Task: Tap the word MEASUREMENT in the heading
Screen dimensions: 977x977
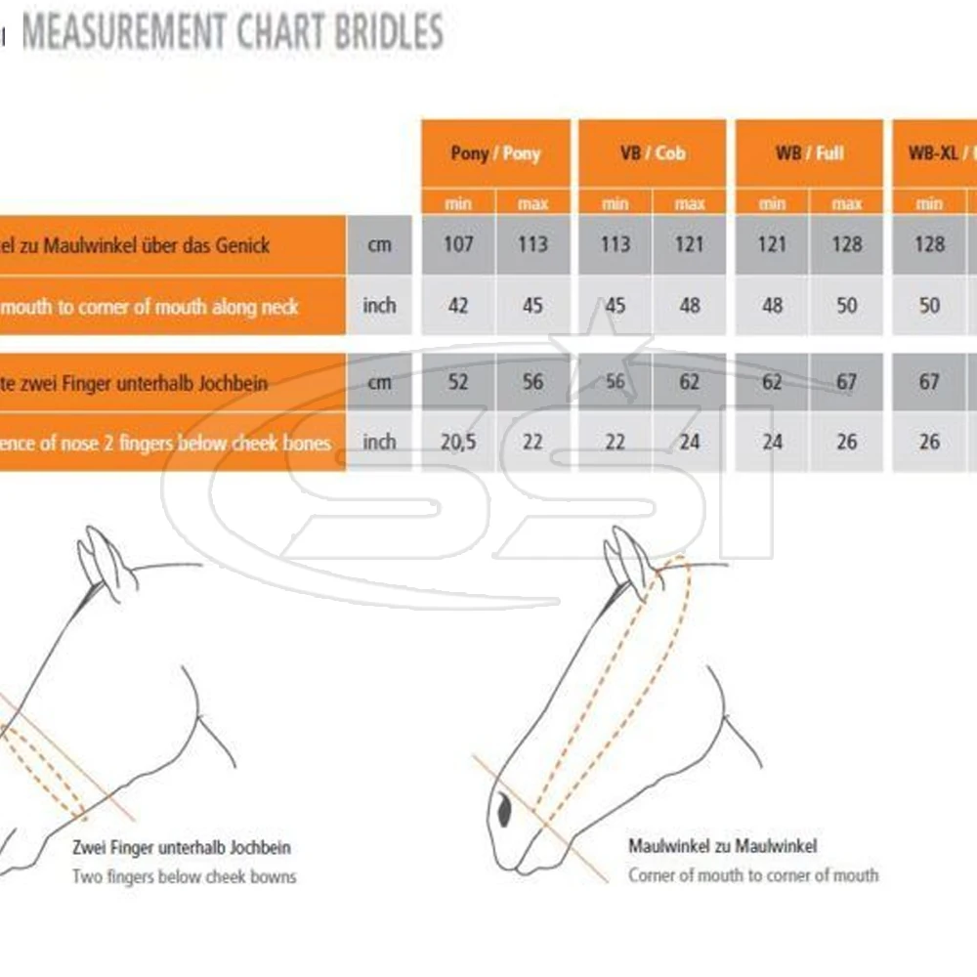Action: click(x=121, y=32)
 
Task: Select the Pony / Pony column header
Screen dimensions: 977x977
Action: click(x=495, y=153)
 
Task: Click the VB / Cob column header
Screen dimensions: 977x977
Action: click(x=652, y=153)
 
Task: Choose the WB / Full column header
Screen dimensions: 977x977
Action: click(x=809, y=153)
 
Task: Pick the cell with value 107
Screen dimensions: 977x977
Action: click(x=458, y=243)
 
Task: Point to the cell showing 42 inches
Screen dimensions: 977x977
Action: click(x=458, y=306)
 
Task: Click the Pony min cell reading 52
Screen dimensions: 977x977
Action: click(x=458, y=382)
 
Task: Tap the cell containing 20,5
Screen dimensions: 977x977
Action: click(x=458, y=443)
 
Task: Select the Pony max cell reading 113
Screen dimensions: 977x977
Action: click(x=532, y=243)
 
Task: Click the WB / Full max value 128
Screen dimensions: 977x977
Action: click(x=846, y=243)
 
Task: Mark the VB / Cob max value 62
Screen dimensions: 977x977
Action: click(x=690, y=382)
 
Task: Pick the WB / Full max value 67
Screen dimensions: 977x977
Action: click(x=846, y=382)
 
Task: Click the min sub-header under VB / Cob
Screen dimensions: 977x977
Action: click(x=616, y=204)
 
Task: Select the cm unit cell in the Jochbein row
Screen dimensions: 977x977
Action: click(x=379, y=382)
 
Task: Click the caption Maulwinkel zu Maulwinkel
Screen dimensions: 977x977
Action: click(x=722, y=846)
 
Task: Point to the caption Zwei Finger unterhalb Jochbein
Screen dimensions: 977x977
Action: click(x=182, y=848)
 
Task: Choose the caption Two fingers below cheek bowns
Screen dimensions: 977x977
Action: click(x=184, y=876)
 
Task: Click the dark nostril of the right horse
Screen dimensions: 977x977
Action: click(x=504, y=809)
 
